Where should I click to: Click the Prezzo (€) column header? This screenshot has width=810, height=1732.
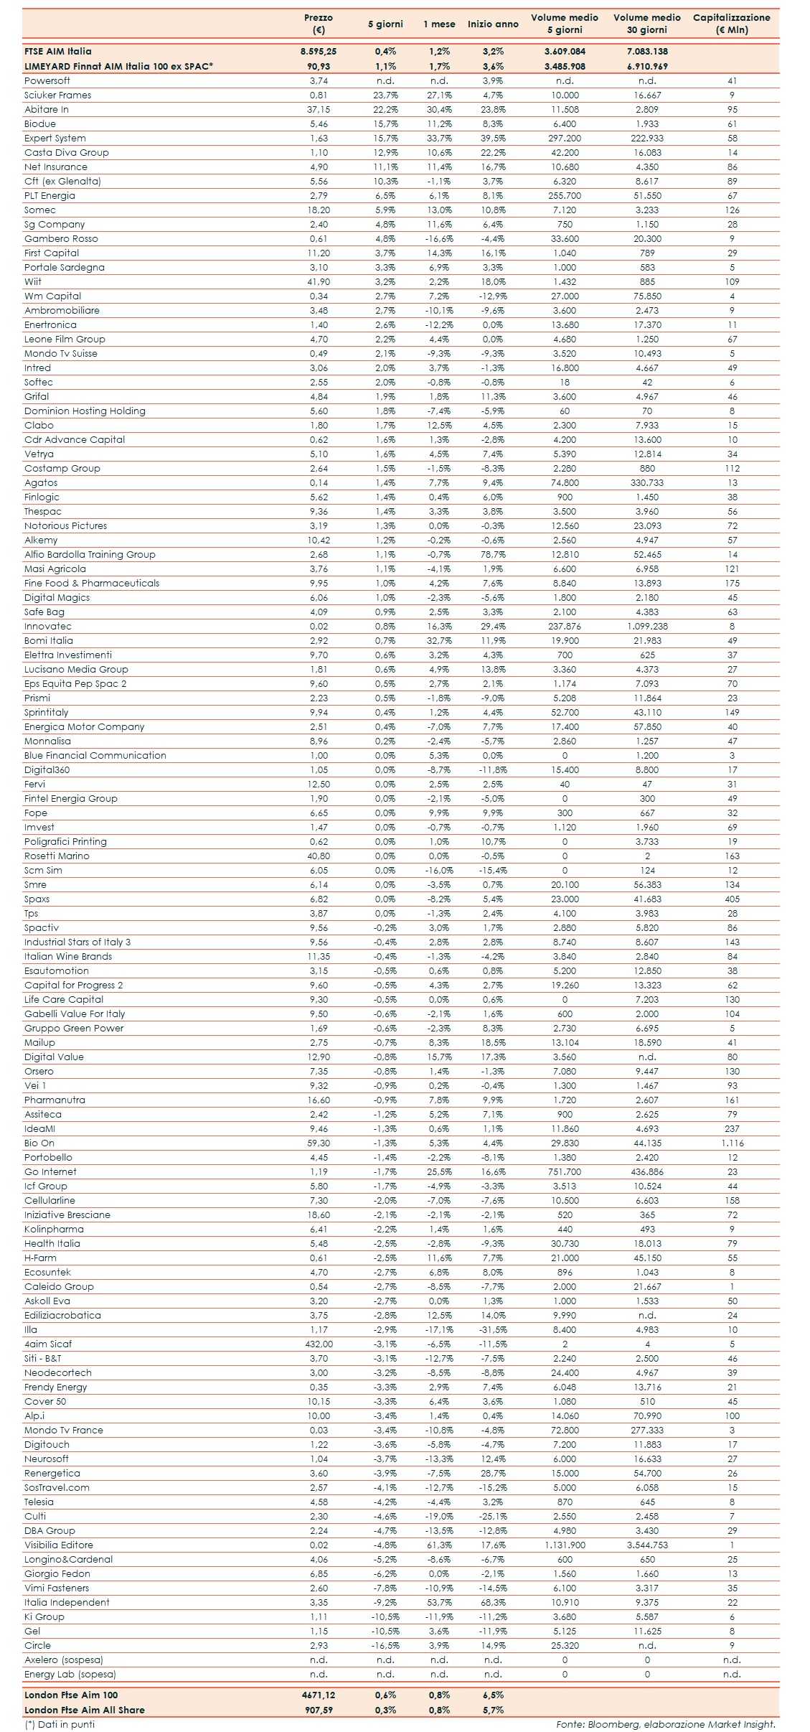tap(319, 24)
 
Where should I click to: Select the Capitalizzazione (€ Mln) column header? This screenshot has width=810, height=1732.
tap(731, 24)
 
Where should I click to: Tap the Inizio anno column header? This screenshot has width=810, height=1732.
tap(493, 24)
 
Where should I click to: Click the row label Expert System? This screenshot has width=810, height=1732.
tap(55, 138)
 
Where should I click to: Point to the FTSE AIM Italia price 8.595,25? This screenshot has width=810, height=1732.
tap(319, 52)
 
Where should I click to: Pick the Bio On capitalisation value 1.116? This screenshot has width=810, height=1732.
tap(732, 1143)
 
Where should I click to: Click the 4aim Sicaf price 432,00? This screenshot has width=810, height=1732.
tap(319, 1344)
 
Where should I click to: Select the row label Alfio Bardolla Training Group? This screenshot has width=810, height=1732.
tap(90, 554)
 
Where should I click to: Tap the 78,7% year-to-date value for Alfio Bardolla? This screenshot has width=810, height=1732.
tap(493, 554)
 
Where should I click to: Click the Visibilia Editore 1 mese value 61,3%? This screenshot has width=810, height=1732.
tap(439, 1545)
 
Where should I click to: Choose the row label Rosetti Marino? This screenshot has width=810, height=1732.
tap(57, 856)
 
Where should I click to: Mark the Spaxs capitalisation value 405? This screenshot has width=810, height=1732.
tap(732, 899)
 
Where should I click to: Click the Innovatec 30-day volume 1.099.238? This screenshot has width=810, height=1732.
tap(647, 626)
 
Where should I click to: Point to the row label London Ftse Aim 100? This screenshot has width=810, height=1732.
tap(71, 1695)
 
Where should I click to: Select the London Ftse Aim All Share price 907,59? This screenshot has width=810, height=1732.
tap(319, 1710)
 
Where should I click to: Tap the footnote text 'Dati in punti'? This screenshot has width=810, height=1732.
tap(65, 1724)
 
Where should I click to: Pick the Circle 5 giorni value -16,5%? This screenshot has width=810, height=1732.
tap(385, 1645)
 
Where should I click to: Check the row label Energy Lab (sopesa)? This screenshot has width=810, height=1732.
tap(70, 1674)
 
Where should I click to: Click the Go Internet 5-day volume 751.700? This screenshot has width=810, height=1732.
tap(565, 1171)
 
